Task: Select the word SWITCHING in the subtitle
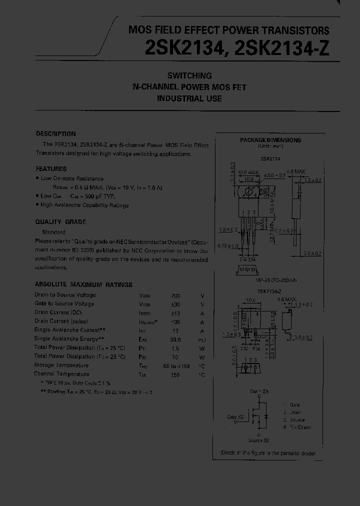pyautogui.click(x=189, y=76)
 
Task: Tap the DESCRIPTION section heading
pyautogui.click(x=56, y=134)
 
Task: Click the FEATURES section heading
pyautogui.click(x=51, y=169)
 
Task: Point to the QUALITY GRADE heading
pyautogui.click(x=60, y=222)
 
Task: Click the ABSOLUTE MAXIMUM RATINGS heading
pyautogui.click(x=83, y=284)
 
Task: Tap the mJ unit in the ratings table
pyautogui.click(x=202, y=339)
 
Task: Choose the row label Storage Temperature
pyautogui.click(x=61, y=365)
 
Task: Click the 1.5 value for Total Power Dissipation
pyautogui.click(x=175, y=348)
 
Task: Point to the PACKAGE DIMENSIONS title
pyautogui.click(x=270, y=140)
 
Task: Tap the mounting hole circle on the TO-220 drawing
pyautogui.click(x=247, y=191)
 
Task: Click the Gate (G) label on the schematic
pyautogui.click(x=235, y=416)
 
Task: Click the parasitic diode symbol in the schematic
pyautogui.click(x=265, y=416)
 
